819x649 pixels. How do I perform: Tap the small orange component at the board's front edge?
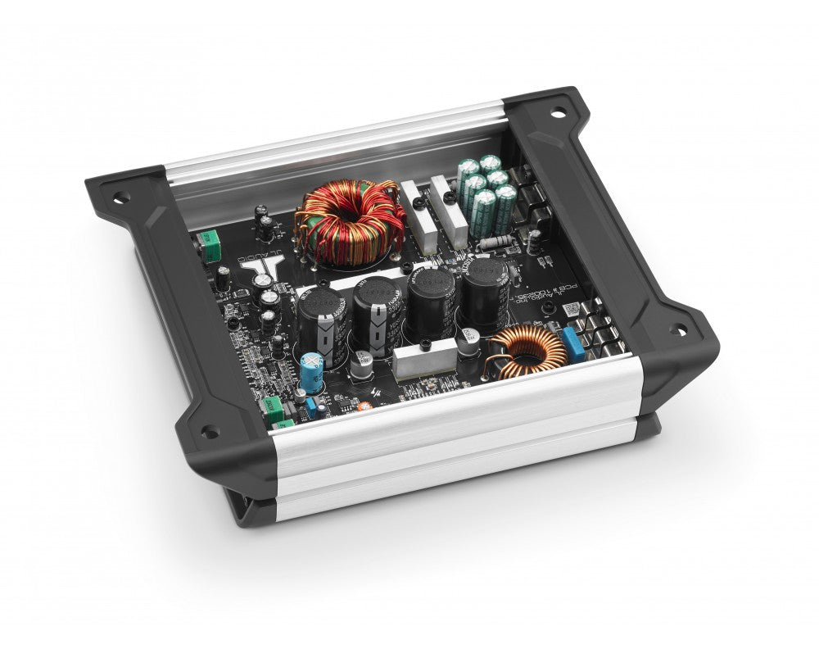[x=360, y=405]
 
